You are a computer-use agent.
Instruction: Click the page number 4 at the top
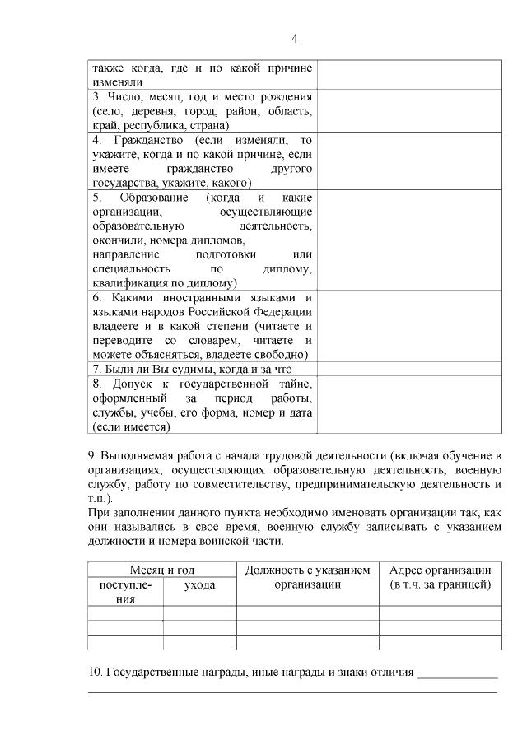coord(294,38)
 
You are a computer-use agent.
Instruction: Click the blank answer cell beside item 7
coord(408,369)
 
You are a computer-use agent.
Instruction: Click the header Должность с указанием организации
coord(308,577)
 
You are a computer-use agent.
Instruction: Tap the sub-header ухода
coord(200,584)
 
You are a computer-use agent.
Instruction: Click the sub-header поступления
coord(125,591)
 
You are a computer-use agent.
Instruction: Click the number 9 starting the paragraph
coord(91,455)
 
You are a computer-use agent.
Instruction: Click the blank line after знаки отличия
coord(458,674)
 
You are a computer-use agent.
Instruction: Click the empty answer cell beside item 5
coord(408,240)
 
